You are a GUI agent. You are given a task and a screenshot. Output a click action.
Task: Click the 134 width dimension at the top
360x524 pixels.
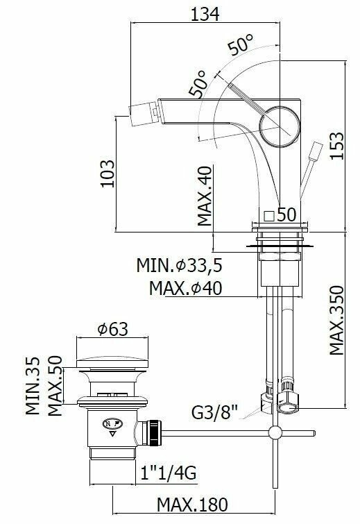205,14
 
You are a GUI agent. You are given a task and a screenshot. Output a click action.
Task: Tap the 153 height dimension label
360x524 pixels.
336,146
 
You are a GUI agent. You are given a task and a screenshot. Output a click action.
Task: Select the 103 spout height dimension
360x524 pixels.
108,174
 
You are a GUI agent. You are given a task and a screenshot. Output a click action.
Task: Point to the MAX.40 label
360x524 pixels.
205,196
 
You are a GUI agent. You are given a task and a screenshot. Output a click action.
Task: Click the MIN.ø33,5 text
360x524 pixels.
180,266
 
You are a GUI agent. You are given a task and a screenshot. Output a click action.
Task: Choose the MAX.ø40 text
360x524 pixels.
185,288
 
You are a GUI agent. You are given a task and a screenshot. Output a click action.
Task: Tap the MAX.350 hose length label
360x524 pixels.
336,320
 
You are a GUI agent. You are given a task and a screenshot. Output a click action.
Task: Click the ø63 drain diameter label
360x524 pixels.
112,330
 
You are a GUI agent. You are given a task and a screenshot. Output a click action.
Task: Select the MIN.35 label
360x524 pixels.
33,386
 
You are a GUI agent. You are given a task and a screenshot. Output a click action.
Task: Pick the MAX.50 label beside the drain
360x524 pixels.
55,386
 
